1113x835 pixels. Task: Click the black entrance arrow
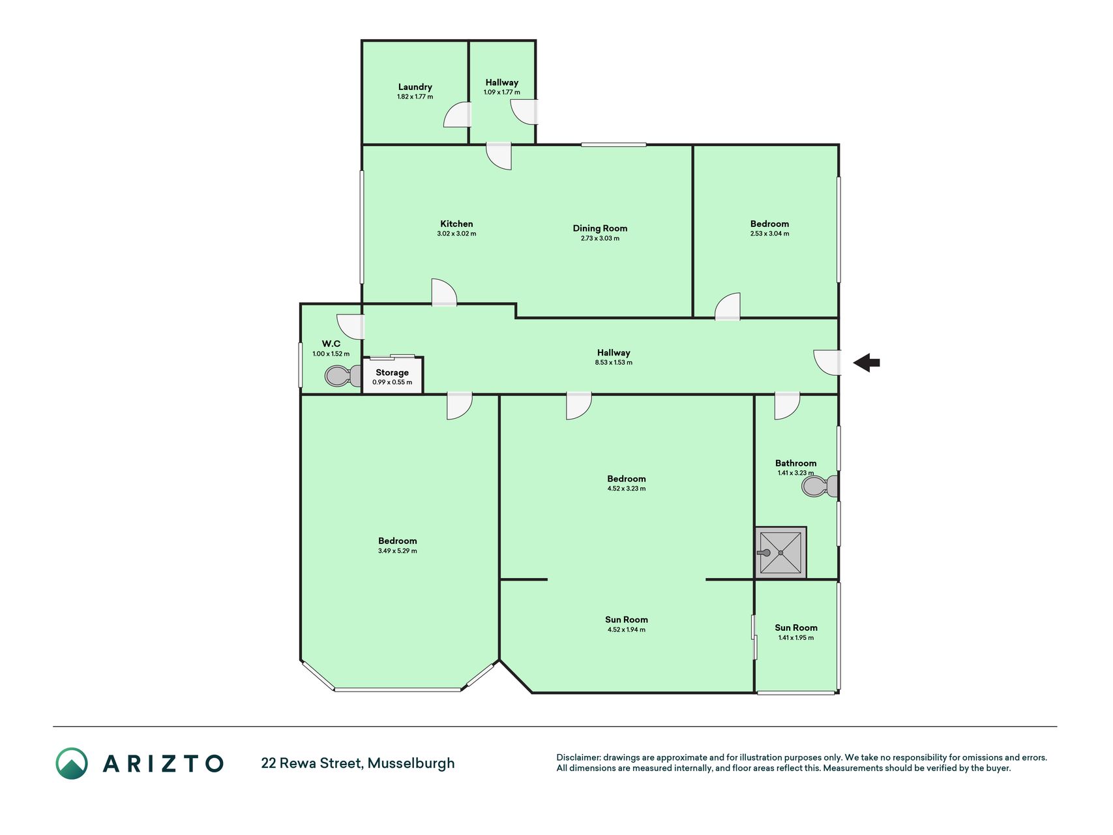[867, 363]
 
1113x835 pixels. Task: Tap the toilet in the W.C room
[343, 376]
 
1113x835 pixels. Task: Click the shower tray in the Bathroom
[780, 553]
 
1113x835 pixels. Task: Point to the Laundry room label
[415, 87]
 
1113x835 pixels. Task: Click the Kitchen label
[456, 224]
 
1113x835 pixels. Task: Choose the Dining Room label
[600, 228]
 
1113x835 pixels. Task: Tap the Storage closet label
[392, 372]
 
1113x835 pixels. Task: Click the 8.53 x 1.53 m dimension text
[614, 363]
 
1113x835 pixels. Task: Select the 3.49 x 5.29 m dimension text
[398, 551]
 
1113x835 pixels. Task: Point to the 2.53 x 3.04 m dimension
[769, 234]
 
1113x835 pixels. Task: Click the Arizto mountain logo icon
[72, 763]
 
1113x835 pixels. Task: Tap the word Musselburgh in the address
[411, 763]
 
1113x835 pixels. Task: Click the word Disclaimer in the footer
[578, 757]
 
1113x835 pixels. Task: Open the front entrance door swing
[827, 363]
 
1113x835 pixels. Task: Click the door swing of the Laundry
[456, 114]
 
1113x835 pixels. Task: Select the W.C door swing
[350, 326]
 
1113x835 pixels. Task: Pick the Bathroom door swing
[787, 406]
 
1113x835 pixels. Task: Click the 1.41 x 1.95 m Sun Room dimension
[796, 638]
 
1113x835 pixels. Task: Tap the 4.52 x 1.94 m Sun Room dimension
[627, 630]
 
